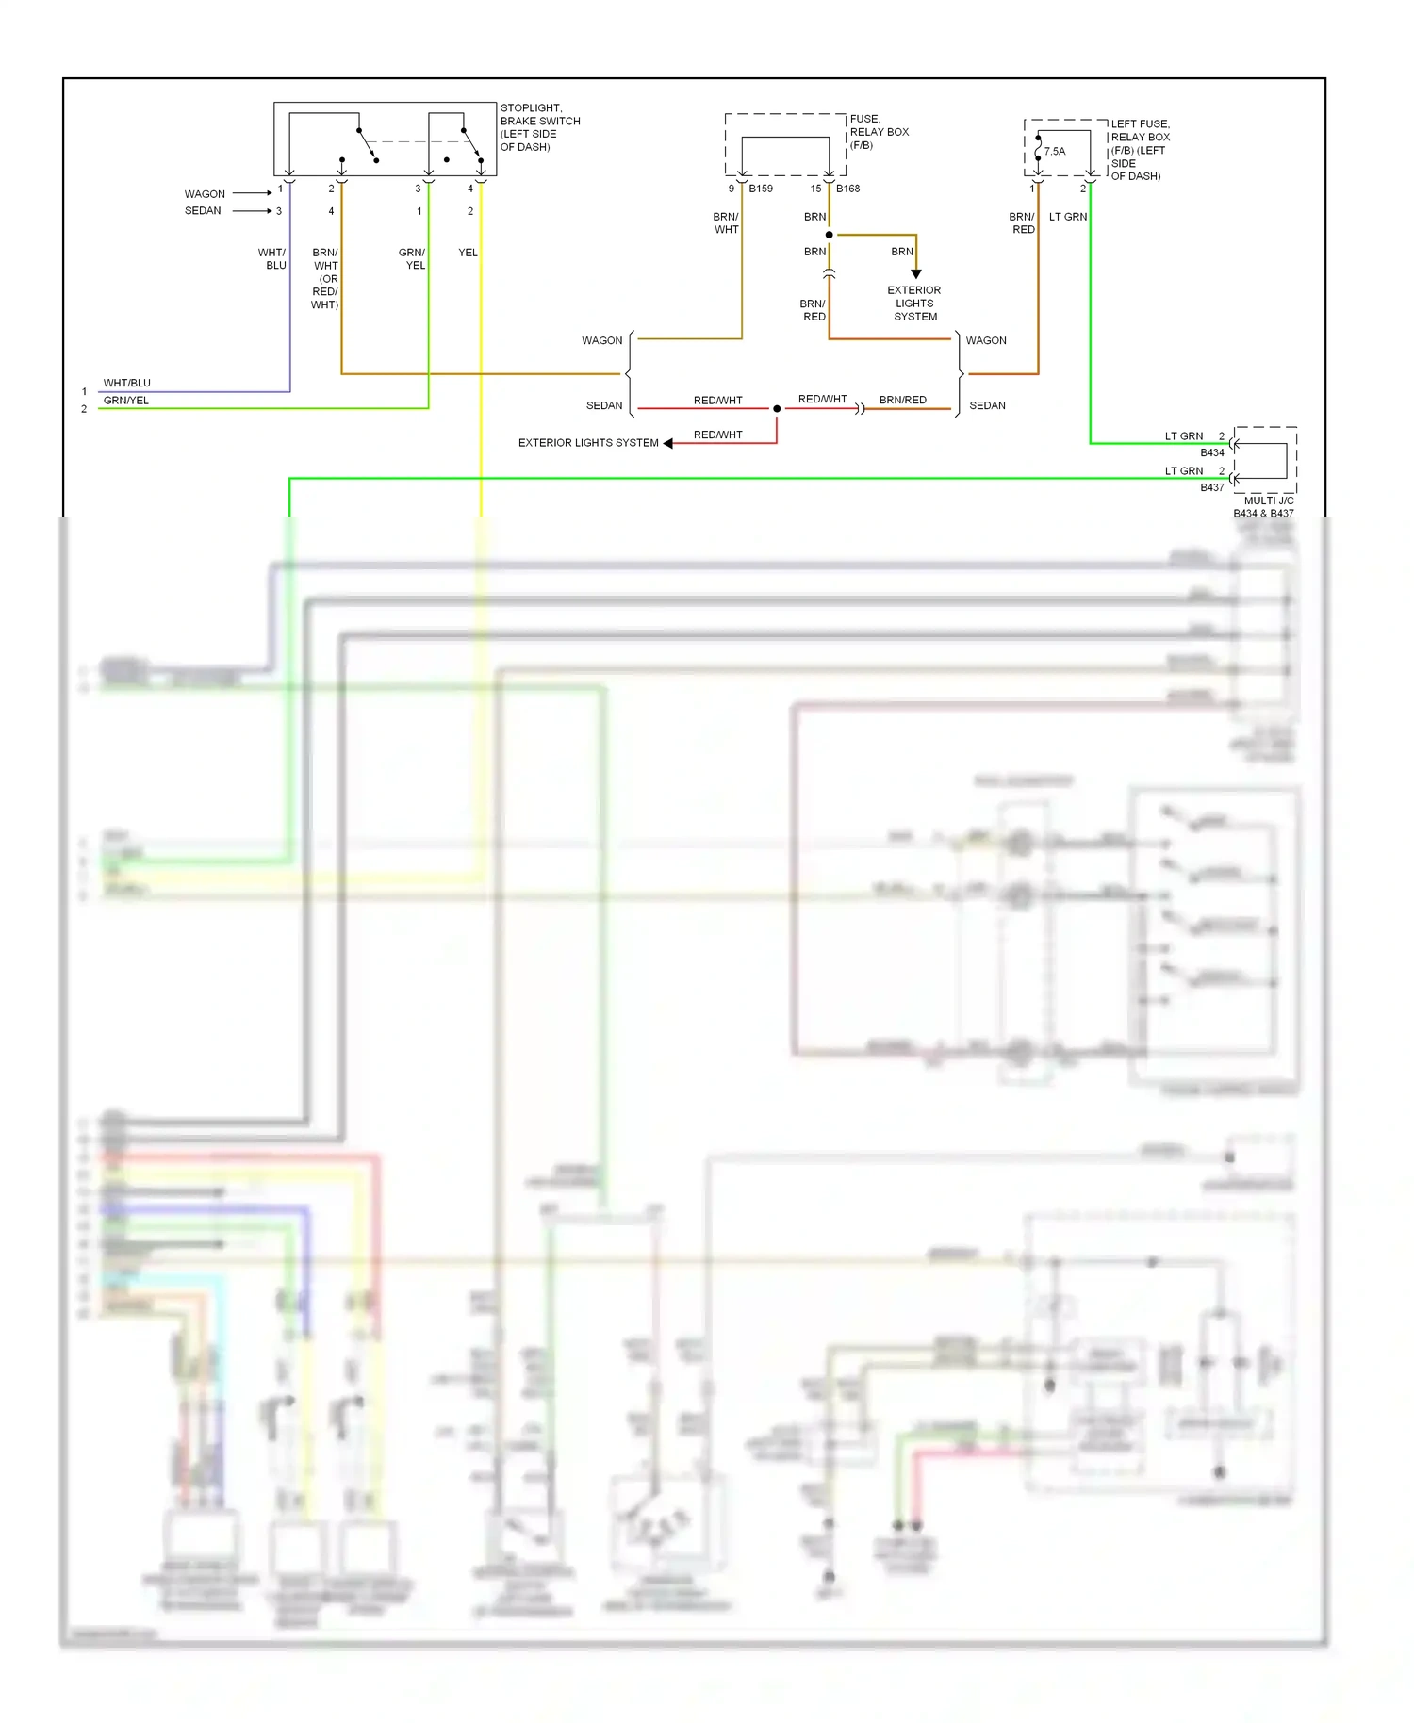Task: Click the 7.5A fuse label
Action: pos(1055,151)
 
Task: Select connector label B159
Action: pos(761,189)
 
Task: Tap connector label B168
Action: pos(847,189)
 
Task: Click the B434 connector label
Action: pos(1211,452)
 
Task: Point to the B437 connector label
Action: pos(1211,487)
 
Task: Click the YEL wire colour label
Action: pos(468,253)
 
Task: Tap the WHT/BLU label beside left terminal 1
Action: pos(126,383)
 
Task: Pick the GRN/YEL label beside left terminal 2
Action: pos(125,401)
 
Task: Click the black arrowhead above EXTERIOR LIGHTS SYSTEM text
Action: pos(915,274)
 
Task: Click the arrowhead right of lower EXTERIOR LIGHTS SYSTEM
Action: pos(668,443)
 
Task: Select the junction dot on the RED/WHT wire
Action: pos(777,408)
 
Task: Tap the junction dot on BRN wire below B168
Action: pos(829,235)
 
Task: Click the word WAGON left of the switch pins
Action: pos(205,194)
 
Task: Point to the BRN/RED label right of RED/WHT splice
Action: pos(902,400)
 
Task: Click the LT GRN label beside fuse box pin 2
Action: pos(1067,217)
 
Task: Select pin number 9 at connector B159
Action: pos(731,189)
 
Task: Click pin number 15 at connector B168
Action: pos(815,189)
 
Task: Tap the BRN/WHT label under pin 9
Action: pos(726,222)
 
